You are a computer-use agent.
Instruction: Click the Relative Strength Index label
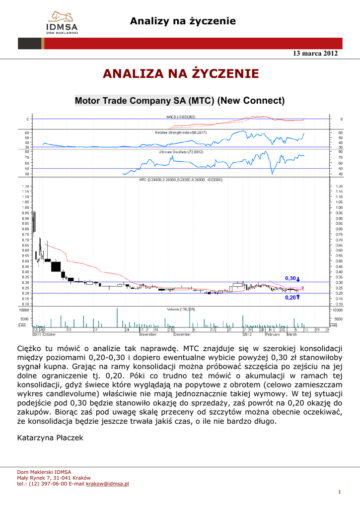(x=181, y=133)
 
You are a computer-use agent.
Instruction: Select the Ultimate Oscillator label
(x=181, y=152)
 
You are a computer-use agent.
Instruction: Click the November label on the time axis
(x=148, y=334)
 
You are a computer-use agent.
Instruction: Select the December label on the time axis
(x=182, y=334)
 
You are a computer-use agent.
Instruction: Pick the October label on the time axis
(x=49, y=334)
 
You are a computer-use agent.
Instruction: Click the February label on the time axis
(x=272, y=334)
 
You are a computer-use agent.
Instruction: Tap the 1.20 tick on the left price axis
(x=25, y=186)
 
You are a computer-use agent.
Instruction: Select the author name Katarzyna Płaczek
(x=50, y=438)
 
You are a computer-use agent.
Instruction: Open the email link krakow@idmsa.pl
(x=107, y=483)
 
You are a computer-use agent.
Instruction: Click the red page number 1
(x=339, y=492)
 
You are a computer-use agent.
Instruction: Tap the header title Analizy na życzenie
(x=183, y=21)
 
